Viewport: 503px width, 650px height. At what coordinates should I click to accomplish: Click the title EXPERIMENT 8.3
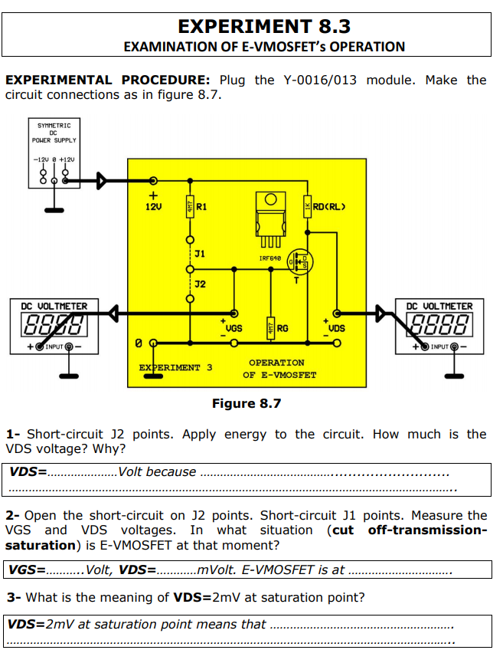(264, 27)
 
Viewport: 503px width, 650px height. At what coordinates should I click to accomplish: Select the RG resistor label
(283, 328)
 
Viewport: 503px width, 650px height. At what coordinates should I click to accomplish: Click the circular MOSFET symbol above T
(299, 264)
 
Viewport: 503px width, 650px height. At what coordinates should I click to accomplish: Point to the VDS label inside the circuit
(336, 327)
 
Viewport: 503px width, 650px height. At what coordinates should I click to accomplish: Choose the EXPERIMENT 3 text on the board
(175, 367)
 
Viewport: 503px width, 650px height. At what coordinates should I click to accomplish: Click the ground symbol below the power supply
(54, 208)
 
